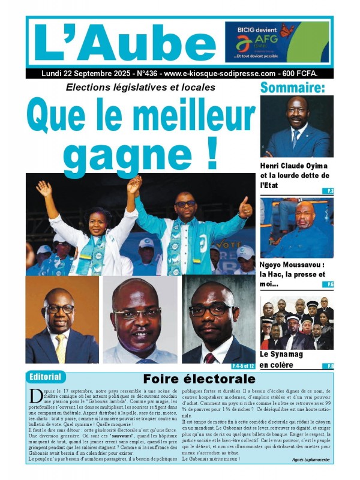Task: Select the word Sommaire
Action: (x=293, y=88)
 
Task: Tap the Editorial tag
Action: (x=46, y=377)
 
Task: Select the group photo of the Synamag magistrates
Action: (x=296, y=322)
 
